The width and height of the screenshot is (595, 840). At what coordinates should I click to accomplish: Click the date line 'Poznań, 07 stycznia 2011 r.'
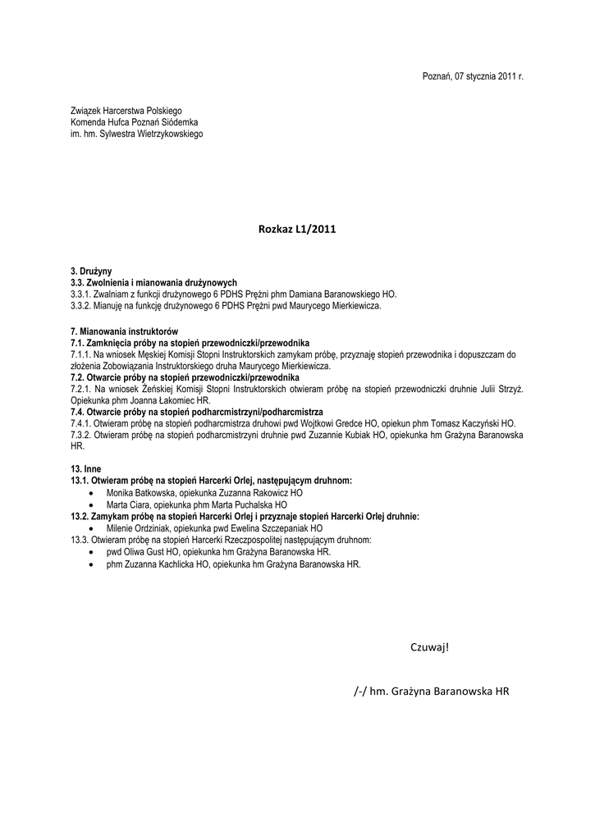point(472,76)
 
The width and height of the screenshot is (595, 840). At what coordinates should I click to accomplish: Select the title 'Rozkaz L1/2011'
point(297,231)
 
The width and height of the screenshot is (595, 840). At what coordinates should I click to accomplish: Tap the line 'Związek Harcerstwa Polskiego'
point(126,110)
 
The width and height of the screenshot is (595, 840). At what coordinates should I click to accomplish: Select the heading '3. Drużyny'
point(92,271)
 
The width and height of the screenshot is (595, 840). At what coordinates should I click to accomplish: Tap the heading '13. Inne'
point(86,468)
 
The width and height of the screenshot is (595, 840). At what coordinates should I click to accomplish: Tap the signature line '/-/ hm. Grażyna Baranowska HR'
point(432,692)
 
